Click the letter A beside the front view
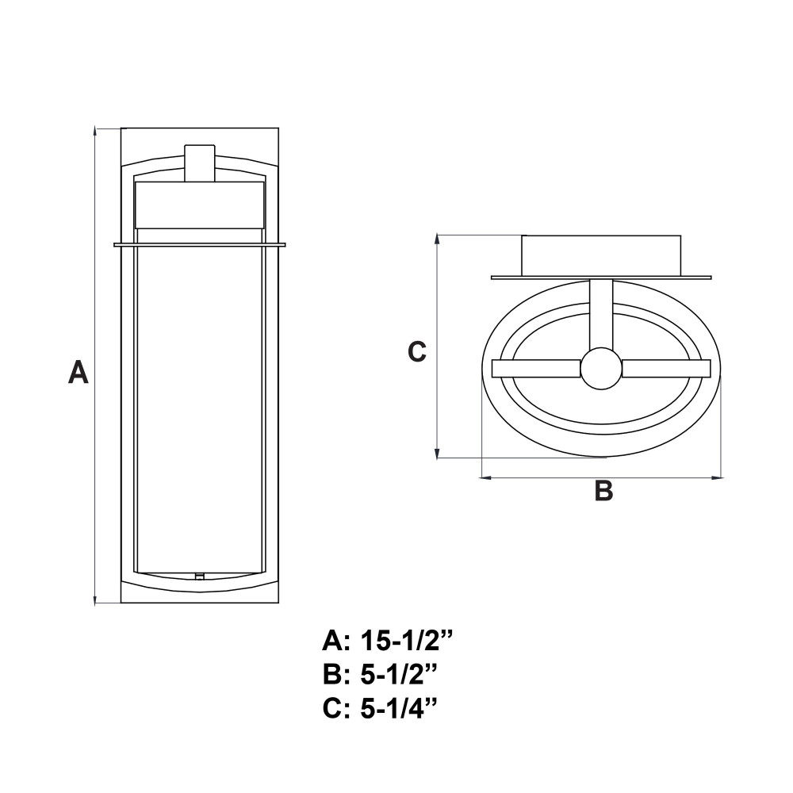click(79, 372)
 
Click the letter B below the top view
click(603, 490)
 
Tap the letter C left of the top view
click(417, 351)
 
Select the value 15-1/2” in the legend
click(405, 642)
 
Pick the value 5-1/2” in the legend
click(399, 675)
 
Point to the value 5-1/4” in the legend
click(399, 708)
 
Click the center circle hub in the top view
click(601, 369)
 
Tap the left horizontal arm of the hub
click(536, 369)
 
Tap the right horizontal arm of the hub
click(667, 369)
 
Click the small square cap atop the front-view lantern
click(200, 163)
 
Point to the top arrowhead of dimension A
click(95, 132)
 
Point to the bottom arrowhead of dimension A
click(95, 600)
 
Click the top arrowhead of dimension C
click(437, 239)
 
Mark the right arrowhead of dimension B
click(716, 477)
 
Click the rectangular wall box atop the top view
click(601, 256)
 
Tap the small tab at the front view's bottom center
click(200, 576)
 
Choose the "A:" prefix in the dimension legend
click(335, 642)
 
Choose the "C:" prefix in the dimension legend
click(335, 708)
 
